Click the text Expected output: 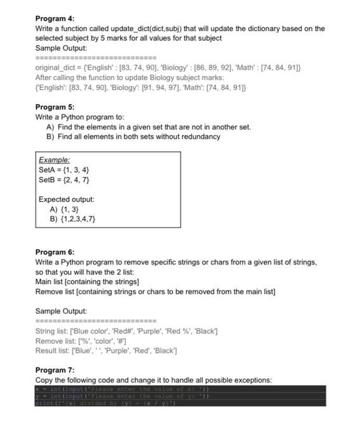point(67,199)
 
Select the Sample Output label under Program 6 point(61,311)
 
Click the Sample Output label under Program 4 point(61,48)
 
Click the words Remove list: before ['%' point(55,341)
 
